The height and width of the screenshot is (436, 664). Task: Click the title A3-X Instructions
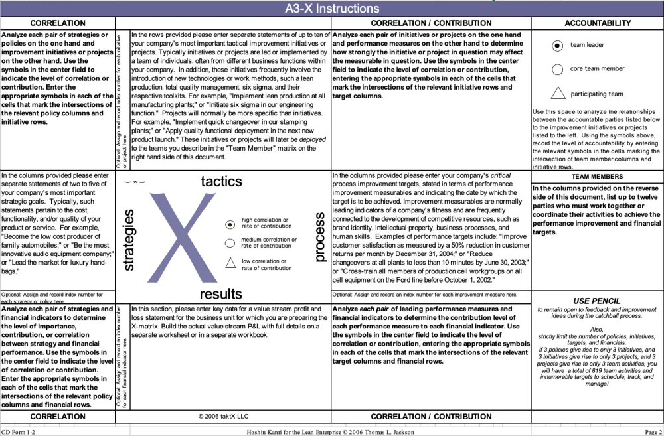tap(332, 9)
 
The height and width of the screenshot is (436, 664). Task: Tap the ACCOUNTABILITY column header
tap(597, 23)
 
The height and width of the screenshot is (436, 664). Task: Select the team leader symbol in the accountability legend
tap(558, 45)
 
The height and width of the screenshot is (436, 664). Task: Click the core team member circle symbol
tap(558, 69)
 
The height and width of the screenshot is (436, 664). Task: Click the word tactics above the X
tap(221, 181)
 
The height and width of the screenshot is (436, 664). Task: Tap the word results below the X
tap(221, 293)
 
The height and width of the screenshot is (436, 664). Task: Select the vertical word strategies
tap(129, 240)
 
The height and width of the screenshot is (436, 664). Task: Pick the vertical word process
tap(319, 237)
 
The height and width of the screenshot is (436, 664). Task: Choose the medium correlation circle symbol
tap(230, 243)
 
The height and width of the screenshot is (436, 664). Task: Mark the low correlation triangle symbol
tap(230, 263)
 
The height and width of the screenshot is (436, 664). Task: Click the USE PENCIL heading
tap(597, 301)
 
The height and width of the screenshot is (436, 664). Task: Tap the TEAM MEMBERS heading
tap(597, 177)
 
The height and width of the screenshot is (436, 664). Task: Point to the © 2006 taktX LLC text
tap(223, 417)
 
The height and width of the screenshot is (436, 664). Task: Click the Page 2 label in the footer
tap(653, 432)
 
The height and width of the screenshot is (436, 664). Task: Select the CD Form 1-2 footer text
tap(18, 432)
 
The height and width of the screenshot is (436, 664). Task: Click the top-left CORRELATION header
tap(58, 23)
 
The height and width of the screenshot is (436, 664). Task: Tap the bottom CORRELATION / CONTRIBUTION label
tap(431, 417)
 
